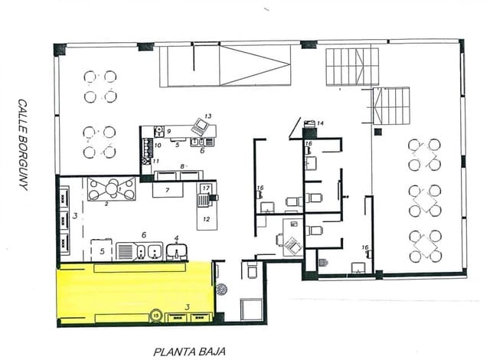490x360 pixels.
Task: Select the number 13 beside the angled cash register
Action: click(207, 116)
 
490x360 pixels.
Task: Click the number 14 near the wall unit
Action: click(320, 123)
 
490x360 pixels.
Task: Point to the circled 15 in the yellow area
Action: click(155, 315)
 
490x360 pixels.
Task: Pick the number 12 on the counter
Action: click(205, 218)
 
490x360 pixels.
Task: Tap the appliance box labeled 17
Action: click(205, 188)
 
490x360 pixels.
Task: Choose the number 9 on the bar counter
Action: click(168, 132)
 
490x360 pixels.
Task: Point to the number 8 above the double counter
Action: click(181, 165)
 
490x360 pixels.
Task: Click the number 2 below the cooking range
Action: click(107, 204)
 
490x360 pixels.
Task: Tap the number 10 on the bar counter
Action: click(158, 145)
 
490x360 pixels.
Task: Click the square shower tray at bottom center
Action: click(250, 308)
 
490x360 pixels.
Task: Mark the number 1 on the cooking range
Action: click(119, 187)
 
